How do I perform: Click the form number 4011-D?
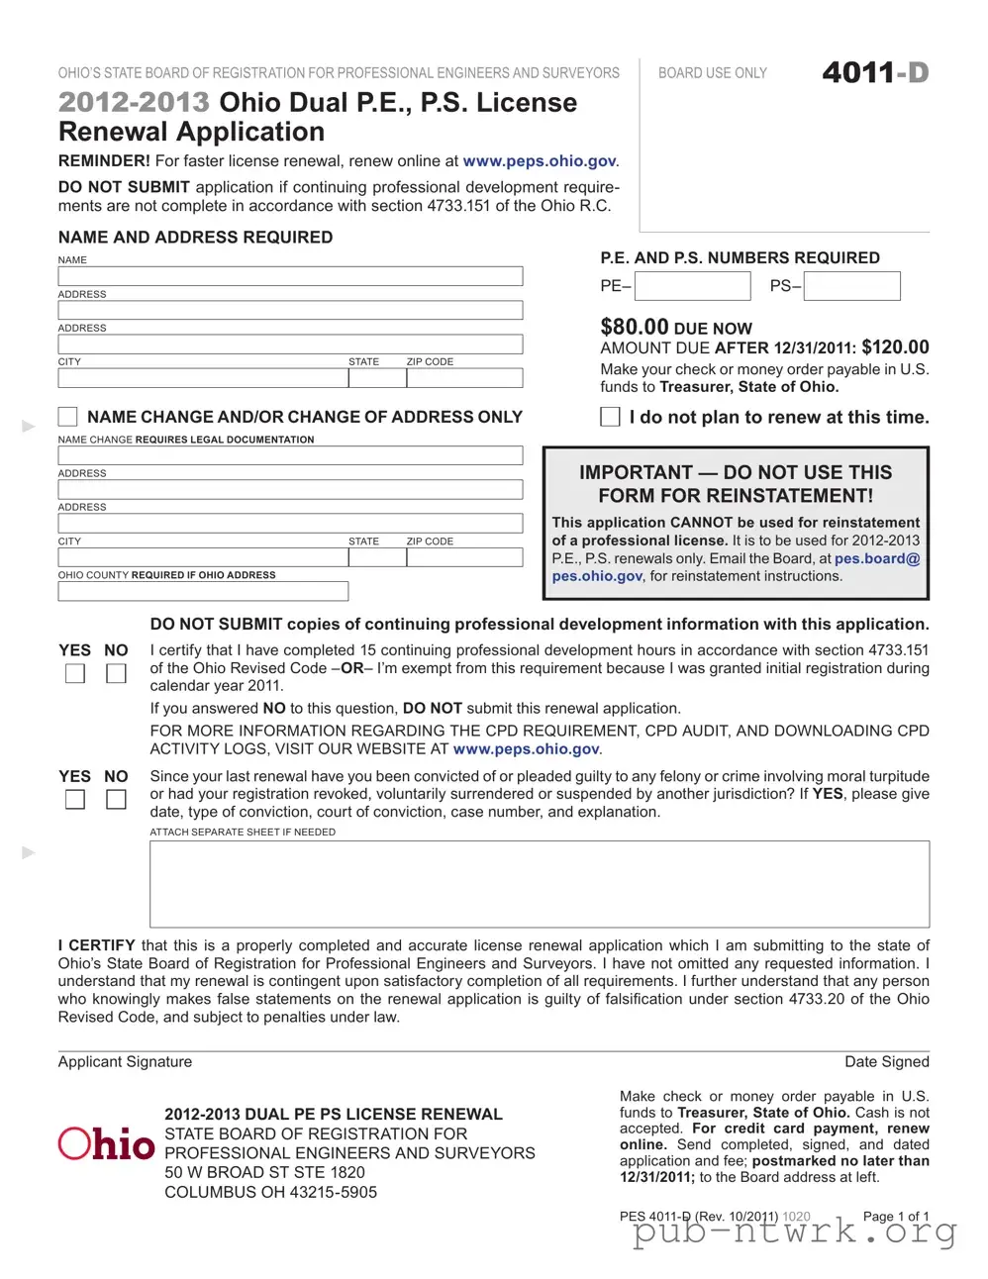coord(875,73)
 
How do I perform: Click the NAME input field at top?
coord(290,276)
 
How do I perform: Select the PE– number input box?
coord(692,286)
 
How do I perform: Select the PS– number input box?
coord(851,286)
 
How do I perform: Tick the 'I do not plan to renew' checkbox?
coord(611,417)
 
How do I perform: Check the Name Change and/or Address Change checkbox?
coord(68,416)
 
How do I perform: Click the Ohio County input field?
coord(203,591)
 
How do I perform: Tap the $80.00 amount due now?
coord(635,327)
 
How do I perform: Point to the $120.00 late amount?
coord(895,347)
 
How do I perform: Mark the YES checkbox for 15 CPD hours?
coord(75,673)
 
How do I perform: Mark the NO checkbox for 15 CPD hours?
coord(116,673)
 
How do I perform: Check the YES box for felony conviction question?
coord(75,799)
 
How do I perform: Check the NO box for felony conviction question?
coord(116,799)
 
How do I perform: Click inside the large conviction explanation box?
coord(540,883)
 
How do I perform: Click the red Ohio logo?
coord(106,1143)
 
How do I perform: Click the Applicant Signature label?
coord(125,1061)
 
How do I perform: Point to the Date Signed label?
coord(886,1061)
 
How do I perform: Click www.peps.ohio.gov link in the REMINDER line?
coord(540,160)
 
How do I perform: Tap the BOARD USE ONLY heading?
coord(713,73)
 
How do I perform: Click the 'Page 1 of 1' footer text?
coord(895,1216)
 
